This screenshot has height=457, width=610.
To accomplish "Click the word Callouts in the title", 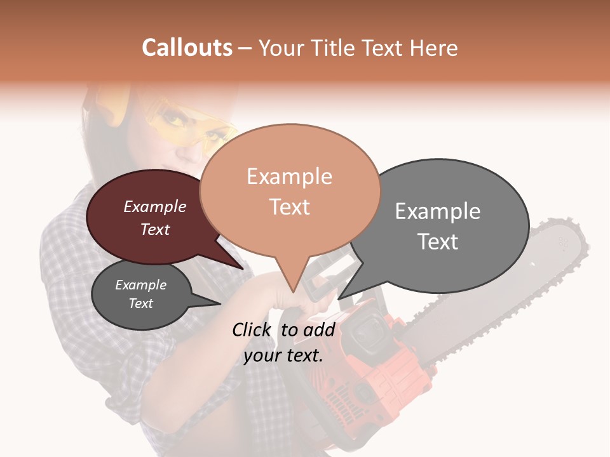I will click(x=187, y=48).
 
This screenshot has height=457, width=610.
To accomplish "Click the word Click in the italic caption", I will click(x=251, y=329).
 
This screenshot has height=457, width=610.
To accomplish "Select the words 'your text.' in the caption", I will click(x=283, y=355).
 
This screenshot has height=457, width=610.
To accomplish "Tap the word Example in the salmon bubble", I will click(x=289, y=176).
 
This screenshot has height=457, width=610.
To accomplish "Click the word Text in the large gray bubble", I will click(x=437, y=242).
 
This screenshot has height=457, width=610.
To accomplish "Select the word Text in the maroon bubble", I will click(x=155, y=229).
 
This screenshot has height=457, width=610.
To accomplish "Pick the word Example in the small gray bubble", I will click(x=140, y=285).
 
